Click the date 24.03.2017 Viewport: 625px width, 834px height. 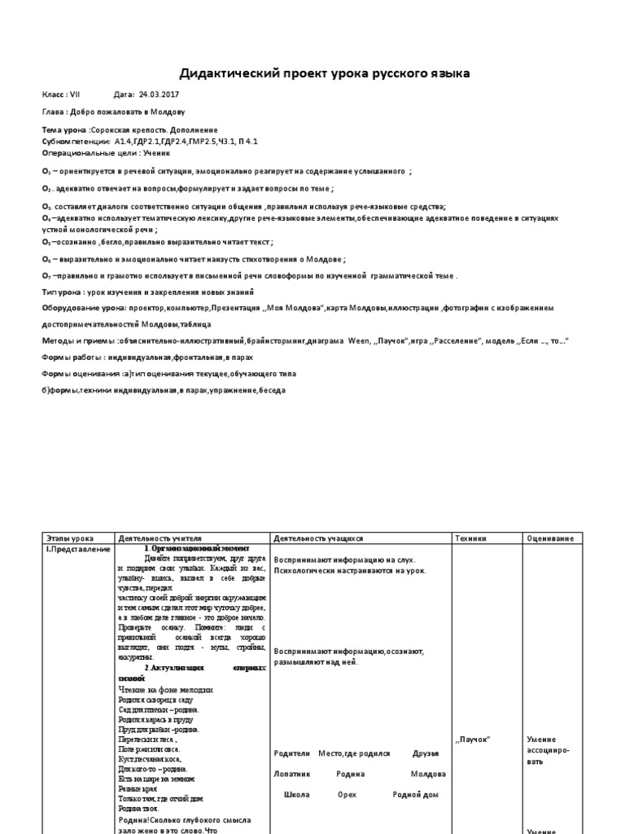[x=156, y=94]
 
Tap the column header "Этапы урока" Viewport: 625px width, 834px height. [x=70, y=539]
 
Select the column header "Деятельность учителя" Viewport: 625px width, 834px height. [x=160, y=539]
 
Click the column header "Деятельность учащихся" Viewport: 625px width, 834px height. [x=318, y=539]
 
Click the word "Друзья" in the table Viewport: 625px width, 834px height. [x=426, y=753]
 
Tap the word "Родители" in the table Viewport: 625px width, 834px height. [x=292, y=753]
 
